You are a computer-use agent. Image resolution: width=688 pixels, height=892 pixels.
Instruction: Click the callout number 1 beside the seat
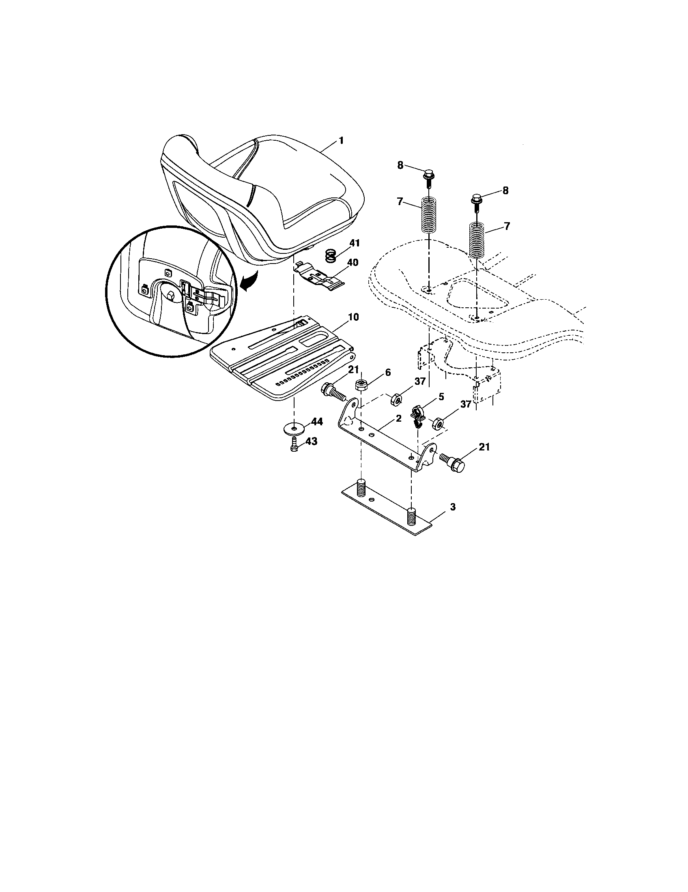point(341,141)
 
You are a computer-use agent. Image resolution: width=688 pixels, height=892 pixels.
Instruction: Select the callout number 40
point(352,262)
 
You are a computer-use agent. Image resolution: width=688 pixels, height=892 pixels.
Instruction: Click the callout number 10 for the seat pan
point(353,317)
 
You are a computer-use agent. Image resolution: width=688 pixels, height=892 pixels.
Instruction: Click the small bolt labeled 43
point(294,447)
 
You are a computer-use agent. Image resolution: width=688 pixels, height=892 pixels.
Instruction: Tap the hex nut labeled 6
point(361,385)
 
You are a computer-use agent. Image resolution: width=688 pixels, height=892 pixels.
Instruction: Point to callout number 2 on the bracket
point(399,418)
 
